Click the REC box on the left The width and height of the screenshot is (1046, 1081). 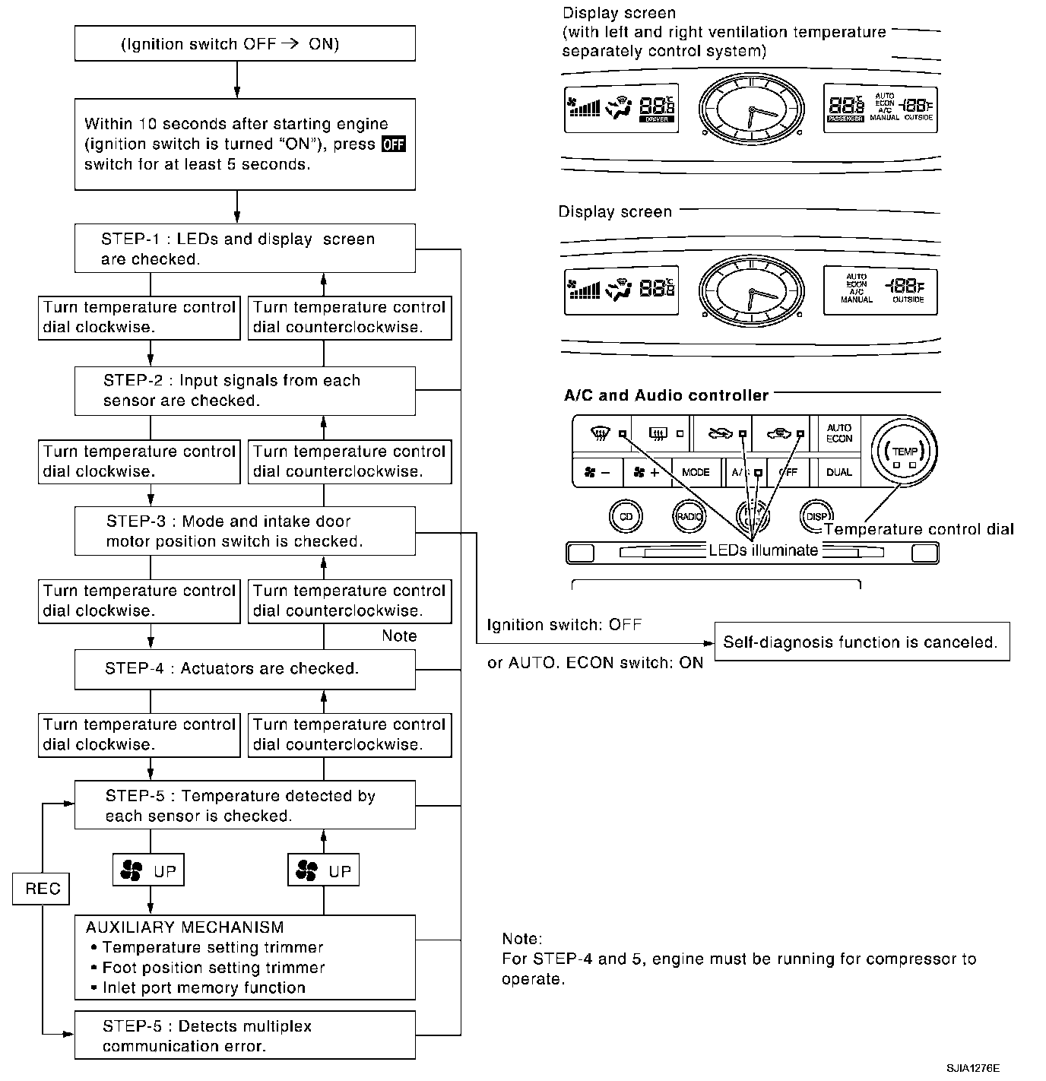pyautogui.click(x=41, y=889)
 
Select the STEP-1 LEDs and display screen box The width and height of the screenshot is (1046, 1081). pyautogui.click(x=245, y=249)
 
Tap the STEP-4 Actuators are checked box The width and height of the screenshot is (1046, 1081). pyautogui.click(x=245, y=669)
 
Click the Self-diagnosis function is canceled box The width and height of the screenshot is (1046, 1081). pyautogui.click(x=861, y=642)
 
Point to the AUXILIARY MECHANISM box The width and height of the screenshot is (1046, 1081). pyautogui.click(x=245, y=957)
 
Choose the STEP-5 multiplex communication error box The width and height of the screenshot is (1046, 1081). pyautogui.click(x=245, y=1035)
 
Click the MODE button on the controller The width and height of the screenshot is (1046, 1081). pyautogui.click(x=696, y=472)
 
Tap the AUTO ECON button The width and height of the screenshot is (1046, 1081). pyautogui.click(x=839, y=433)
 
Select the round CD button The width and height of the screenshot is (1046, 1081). pyautogui.click(x=626, y=517)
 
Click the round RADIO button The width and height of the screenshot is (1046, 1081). pyautogui.click(x=689, y=517)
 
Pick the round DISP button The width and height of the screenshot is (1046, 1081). pyautogui.click(x=816, y=517)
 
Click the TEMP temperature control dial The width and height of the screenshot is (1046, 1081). pyautogui.click(x=905, y=452)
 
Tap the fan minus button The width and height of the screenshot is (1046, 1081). pyautogui.click(x=597, y=472)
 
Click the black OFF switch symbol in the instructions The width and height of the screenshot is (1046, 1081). pyautogui.click(x=393, y=144)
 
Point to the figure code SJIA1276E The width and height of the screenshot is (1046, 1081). pyautogui.click(x=973, y=1068)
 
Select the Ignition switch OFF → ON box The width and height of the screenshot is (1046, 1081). pyautogui.click(x=245, y=43)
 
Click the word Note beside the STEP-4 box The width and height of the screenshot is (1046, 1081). pyautogui.click(x=399, y=636)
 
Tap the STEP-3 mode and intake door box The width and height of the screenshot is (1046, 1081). pyautogui.click(x=245, y=531)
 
